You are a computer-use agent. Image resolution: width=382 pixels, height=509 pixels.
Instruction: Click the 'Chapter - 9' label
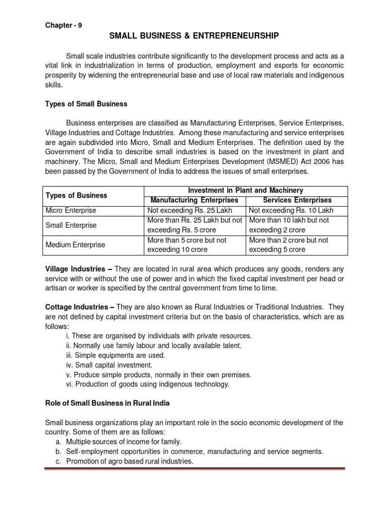point(64,26)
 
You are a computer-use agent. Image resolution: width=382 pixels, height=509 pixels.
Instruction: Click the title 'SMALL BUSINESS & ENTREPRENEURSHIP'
point(194,36)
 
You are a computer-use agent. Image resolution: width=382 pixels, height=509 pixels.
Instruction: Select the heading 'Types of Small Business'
point(86,104)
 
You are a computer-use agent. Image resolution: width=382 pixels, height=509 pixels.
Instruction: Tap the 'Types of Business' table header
point(76,195)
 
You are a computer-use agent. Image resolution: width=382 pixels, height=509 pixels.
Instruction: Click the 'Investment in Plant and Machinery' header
point(245,190)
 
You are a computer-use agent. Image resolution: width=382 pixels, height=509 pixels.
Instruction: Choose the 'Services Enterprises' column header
point(297,200)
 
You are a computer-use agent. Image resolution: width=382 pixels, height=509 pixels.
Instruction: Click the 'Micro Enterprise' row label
point(71,210)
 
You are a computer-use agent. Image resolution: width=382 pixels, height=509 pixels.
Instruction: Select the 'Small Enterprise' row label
point(71,225)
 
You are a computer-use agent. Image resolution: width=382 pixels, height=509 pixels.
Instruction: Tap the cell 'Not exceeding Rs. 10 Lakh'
point(291,210)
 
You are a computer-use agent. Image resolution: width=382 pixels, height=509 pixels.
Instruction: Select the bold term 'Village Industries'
point(75,269)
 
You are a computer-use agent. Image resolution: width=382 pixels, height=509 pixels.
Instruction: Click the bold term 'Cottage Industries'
point(76,308)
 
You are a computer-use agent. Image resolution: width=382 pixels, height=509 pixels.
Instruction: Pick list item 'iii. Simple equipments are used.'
point(115,355)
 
